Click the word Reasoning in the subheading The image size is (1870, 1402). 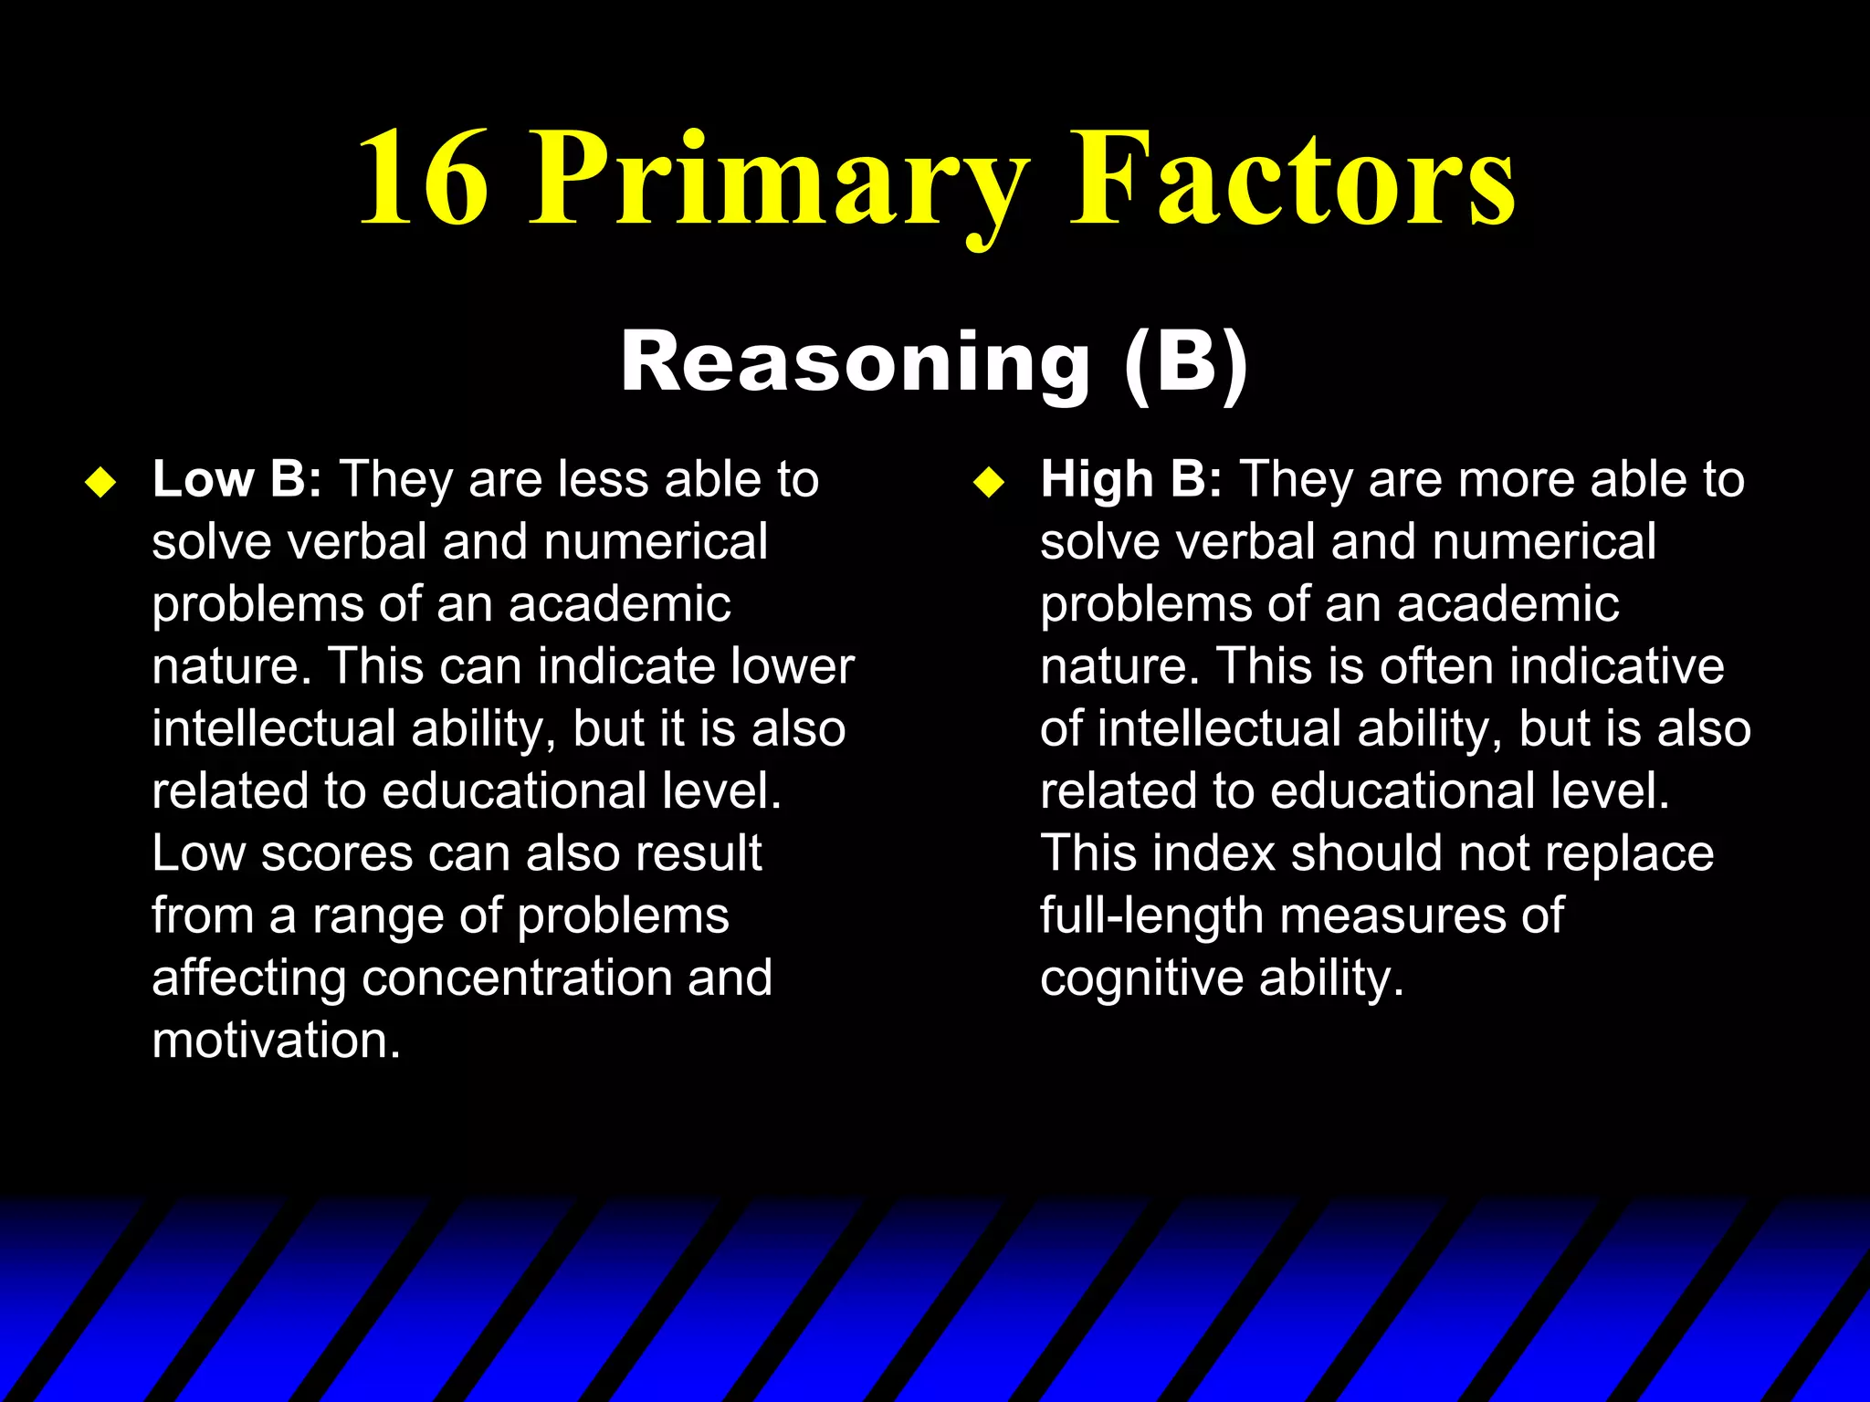pos(855,362)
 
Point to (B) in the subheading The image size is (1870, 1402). pos(1184,362)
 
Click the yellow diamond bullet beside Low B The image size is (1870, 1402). pos(100,482)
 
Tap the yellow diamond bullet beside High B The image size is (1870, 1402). pos(988,482)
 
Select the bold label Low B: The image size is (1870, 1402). pos(236,479)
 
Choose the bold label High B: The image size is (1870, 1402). pos(1130,479)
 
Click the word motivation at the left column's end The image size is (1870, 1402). pos(276,1041)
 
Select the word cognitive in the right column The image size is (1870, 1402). pos(1141,978)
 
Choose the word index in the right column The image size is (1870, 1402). pos(1213,853)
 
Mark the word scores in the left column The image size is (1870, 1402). pos(337,853)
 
